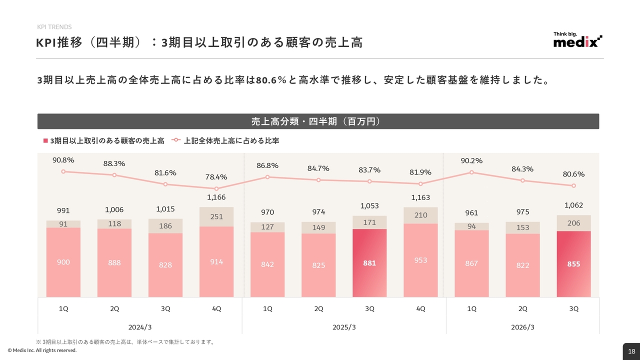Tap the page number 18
(x=631, y=351)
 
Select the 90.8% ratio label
(x=63, y=160)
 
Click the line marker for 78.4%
(x=216, y=189)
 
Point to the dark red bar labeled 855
(x=573, y=264)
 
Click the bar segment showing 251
(x=216, y=216)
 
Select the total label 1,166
(x=216, y=197)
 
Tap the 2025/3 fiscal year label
(x=344, y=327)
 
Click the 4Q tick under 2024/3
(x=216, y=309)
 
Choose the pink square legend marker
(x=45, y=141)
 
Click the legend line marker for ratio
(x=175, y=141)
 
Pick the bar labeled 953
(x=420, y=260)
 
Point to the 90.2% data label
(x=471, y=160)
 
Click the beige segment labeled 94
(x=471, y=226)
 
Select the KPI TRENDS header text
(x=54, y=27)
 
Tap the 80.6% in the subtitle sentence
(x=270, y=80)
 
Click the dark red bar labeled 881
(x=369, y=263)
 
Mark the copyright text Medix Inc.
(x=42, y=350)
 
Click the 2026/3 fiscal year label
(x=522, y=327)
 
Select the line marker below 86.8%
(x=267, y=177)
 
